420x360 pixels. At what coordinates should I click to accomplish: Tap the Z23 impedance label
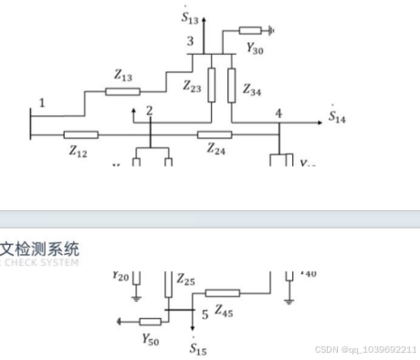[192, 87]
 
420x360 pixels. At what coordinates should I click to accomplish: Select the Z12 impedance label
[77, 152]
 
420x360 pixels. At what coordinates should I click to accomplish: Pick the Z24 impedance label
[216, 149]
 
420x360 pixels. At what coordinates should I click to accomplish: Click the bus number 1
[41, 101]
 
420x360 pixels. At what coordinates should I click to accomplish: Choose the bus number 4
[278, 113]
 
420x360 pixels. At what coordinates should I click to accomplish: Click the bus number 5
[205, 313]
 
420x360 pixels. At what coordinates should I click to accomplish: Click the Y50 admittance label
[151, 338]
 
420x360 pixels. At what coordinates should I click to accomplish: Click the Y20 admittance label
[121, 275]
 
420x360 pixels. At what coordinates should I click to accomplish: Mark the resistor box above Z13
[122, 90]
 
